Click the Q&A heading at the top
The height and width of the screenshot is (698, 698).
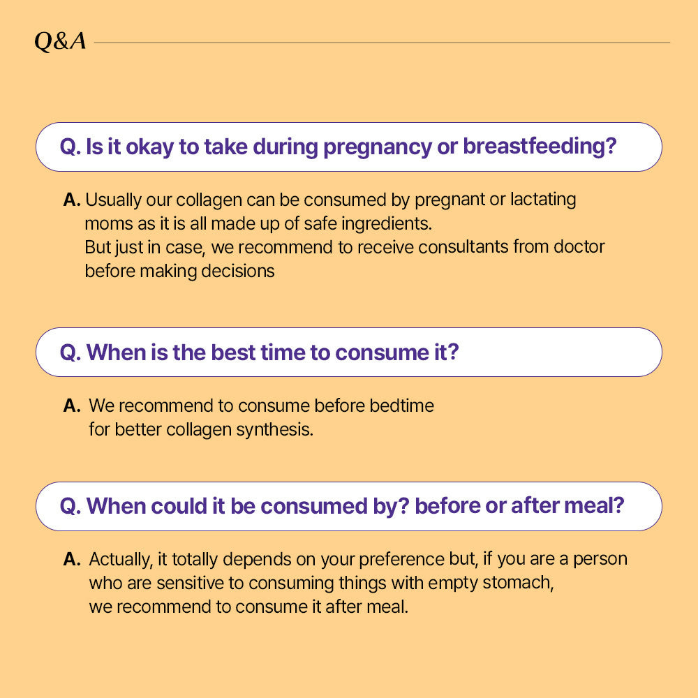(x=61, y=42)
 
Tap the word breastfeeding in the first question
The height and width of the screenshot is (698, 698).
(x=540, y=147)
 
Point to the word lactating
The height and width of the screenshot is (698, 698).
(x=543, y=200)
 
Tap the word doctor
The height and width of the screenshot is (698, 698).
(x=579, y=246)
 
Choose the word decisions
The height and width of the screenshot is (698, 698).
(x=238, y=271)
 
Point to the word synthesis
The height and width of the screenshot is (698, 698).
(x=274, y=429)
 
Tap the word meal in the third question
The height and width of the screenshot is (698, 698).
(x=599, y=506)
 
